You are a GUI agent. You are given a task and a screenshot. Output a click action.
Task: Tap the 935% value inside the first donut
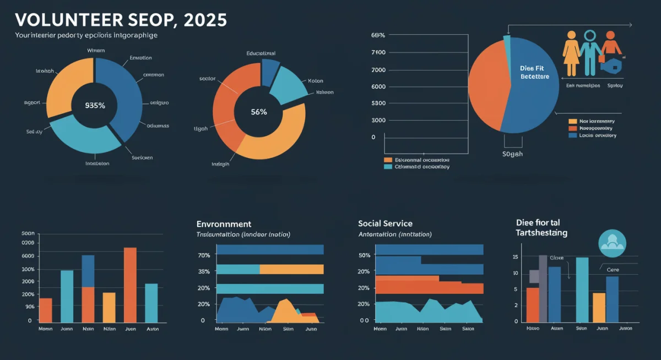point(95,106)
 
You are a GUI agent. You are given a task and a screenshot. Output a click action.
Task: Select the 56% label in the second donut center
point(258,112)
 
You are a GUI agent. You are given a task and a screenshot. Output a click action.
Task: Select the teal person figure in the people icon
point(590,52)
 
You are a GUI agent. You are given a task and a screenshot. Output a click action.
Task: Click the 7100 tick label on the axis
point(378,52)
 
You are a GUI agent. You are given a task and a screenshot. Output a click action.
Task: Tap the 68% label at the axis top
point(378,35)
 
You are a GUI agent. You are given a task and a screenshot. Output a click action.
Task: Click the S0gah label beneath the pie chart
point(512,154)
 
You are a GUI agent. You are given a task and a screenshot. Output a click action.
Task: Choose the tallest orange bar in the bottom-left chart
point(130,285)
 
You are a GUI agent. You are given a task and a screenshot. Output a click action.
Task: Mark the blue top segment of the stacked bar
point(88,271)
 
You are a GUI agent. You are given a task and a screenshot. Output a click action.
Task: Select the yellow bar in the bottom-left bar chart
point(109,307)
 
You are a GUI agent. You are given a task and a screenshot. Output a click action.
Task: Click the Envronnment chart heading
point(224,224)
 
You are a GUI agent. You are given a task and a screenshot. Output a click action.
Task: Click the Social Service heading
point(385,223)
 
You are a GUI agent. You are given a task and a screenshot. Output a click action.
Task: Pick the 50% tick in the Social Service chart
point(364,255)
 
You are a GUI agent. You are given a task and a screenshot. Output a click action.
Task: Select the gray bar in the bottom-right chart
point(543,286)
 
